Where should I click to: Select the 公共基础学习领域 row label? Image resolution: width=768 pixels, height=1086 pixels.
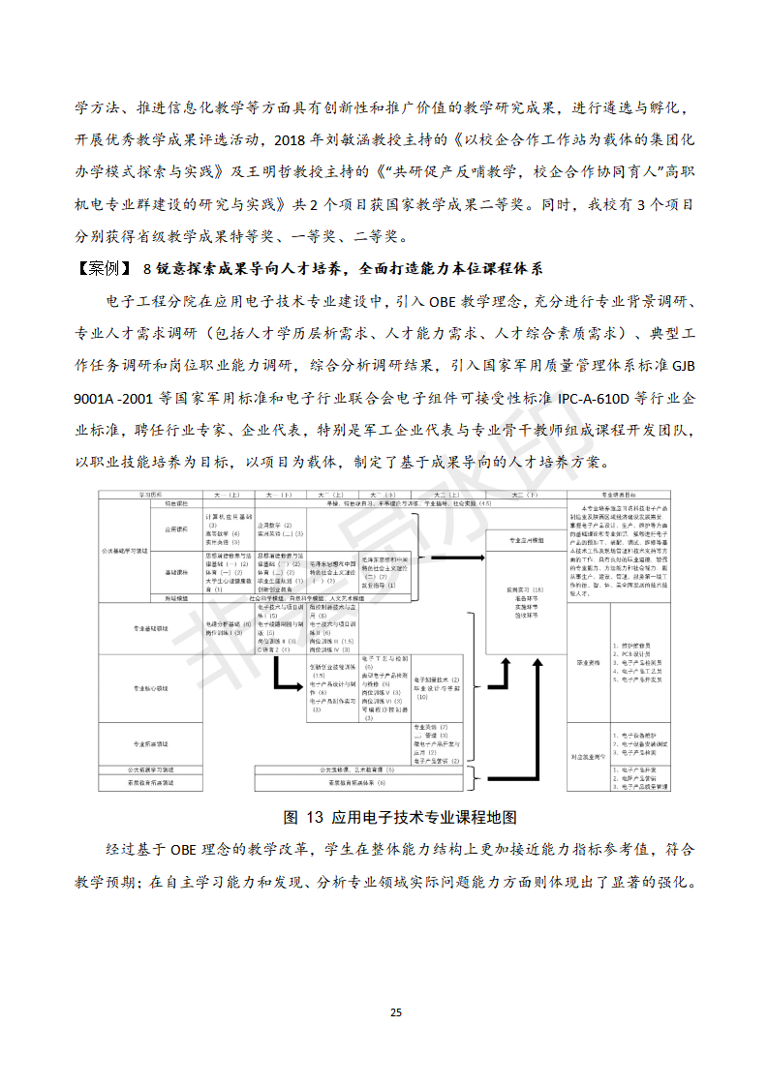125,549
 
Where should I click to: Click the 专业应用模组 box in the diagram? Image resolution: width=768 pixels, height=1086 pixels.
525,539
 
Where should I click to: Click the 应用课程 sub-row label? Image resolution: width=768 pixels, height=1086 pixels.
175,529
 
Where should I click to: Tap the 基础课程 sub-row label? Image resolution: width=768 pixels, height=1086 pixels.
175,572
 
